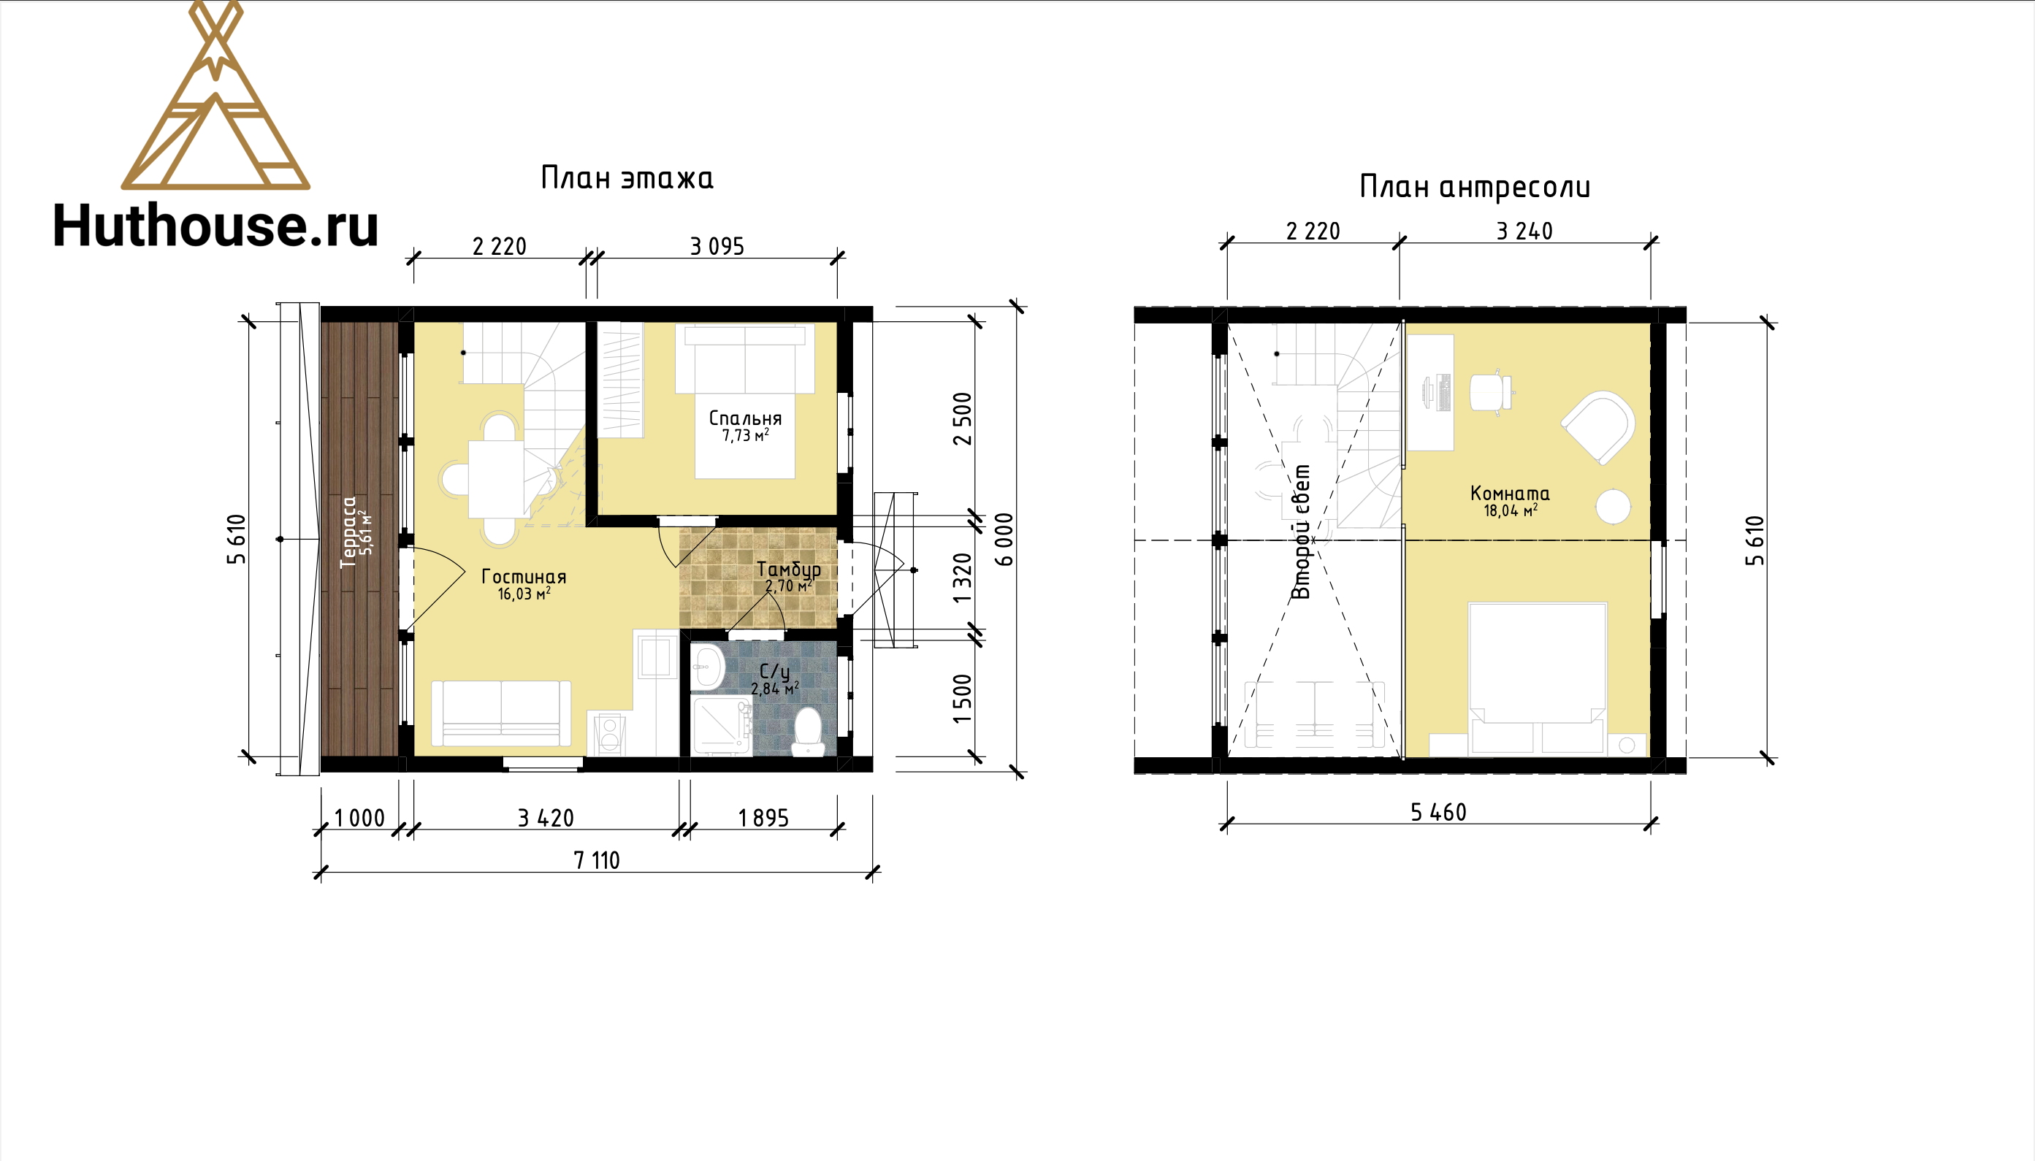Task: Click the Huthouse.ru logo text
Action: pyautogui.click(x=215, y=225)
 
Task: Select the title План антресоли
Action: pyautogui.click(x=1475, y=188)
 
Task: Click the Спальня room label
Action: pyautogui.click(x=745, y=418)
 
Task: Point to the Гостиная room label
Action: pyautogui.click(x=524, y=577)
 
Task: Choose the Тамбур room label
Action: pyautogui.click(x=789, y=570)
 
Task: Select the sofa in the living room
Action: pyautogui.click(x=501, y=713)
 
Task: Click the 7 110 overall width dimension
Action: pyautogui.click(x=597, y=860)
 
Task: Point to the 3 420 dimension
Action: pyautogui.click(x=546, y=818)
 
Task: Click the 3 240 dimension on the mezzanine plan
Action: pyautogui.click(x=1524, y=231)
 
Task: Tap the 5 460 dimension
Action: pyautogui.click(x=1438, y=813)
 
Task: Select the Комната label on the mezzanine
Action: pyautogui.click(x=1510, y=494)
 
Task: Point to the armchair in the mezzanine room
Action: pyautogui.click(x=1599, y=426)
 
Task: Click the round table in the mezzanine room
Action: pyautogui.click(x=1613, y=505)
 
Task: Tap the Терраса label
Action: pyautogui.click(x=348, y=532)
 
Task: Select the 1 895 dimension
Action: pyautogui.click(x=763, y=818)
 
